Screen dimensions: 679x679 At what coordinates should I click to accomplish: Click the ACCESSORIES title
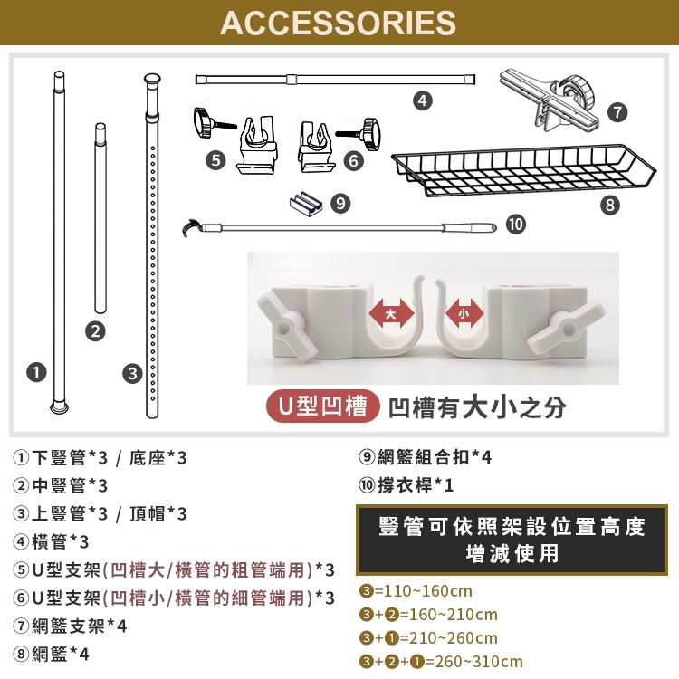pyautogui.click(x=339, y=23)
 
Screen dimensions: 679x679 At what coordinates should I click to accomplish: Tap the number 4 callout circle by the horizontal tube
pyautogui.click(x=423, y=100)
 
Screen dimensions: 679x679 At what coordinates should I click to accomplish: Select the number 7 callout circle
pyautogui.click(x=617, y=112)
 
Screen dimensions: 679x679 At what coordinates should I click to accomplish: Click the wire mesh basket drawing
pyautogui.click(x=523, y=170)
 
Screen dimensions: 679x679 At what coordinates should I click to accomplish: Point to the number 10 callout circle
pyautogui.click(x=516, y=225)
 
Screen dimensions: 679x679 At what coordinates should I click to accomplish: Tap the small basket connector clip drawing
pyautogui.click(x=306, y=204)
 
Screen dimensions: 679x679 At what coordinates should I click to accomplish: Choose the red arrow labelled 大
pyautogui.click(x=391, y=313)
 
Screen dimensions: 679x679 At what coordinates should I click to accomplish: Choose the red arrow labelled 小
pyautogui.click(x=464, y=313)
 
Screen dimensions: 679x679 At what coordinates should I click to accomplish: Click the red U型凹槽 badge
pyautogui.click(x=322, y=406)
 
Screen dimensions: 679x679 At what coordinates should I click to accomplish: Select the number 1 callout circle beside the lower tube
pyautogui.click(x=36, y=372)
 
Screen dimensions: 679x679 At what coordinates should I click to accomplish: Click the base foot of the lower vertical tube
pyautogui.click(x=60, y=407)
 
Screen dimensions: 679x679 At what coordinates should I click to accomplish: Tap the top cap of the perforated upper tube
pyautogui.click(x=152, y=80)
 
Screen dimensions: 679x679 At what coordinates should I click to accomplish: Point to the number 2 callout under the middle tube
pyautogui.click(x=95, y=331)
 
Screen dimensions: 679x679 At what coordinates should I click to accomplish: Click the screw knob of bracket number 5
pyautogui.click(x=202, y=123)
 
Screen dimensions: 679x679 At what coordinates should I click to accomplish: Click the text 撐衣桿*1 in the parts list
pyautogui.click(x=415, y=484)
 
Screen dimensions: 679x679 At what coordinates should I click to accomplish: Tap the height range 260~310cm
pyautogui.click(x=479, y=661)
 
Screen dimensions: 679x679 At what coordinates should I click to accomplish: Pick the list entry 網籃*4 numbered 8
pyautogui.click(x=51, y=654)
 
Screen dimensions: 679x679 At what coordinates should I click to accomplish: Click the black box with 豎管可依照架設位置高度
pyautogui.click(x=512, y=540)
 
